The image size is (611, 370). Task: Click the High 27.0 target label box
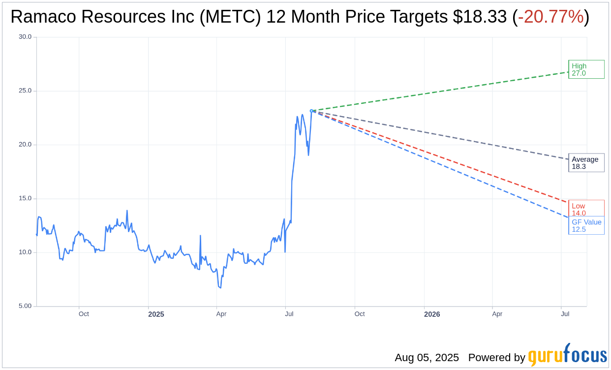click(586, 69)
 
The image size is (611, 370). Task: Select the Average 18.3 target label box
click(586, 163)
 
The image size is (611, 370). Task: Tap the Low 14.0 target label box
click(586, 209)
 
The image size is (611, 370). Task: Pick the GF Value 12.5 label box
click(586, 225)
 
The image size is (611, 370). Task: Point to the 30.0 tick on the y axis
click(25, 37)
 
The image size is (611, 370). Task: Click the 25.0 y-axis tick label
click(25, 91)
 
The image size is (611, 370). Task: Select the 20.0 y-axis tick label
click(25, 145)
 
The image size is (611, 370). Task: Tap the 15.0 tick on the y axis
click(25, 198)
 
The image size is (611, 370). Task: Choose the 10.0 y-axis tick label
click(25, 252)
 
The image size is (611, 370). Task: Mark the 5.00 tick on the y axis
click(25, 306)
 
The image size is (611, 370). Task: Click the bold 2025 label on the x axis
click(156, 314)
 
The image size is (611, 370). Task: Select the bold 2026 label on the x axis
click(432, 314)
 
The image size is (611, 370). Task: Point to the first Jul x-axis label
click(289, 314)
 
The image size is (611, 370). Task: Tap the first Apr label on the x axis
click(221, 314)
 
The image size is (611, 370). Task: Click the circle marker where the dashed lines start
click(311, 111)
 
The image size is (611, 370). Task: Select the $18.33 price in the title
click(480, 17)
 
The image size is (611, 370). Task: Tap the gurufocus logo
click(567, 355)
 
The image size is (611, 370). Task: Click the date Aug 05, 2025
click(427, 358)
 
